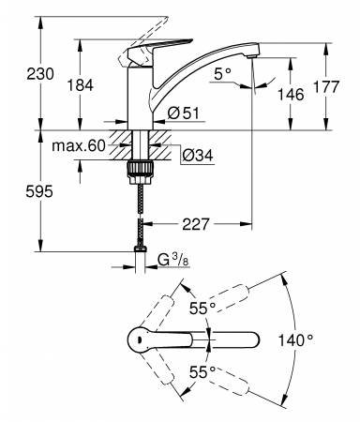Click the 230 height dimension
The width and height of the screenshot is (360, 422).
point(40,74)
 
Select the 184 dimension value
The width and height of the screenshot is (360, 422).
point(81,85)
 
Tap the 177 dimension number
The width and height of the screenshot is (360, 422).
point(326,86)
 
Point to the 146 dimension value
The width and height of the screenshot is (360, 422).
point(291,95)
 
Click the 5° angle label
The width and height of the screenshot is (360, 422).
point(222,74)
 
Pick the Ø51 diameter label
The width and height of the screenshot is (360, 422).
point(183,113)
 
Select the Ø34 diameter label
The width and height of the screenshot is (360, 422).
point(198,155)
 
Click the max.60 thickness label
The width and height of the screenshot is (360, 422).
point(79,145)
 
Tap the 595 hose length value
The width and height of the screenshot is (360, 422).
point(39,191)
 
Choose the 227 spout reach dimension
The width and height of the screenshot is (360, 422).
point(196,224)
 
